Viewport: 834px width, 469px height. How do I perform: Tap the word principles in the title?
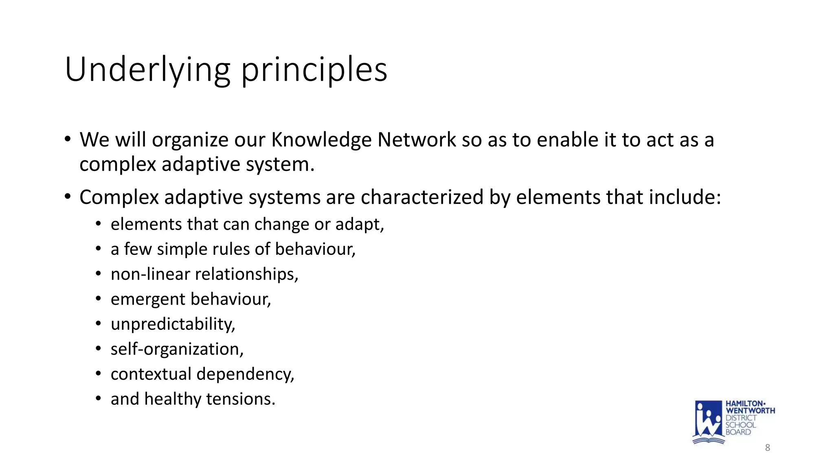[x=314, y=70]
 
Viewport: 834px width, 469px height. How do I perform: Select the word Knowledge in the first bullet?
[x=321, y=140]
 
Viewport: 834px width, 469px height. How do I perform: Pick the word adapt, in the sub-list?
[x=360, y=224]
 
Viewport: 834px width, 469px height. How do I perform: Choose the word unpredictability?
[x=173, y=324]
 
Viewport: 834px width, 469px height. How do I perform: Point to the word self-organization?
[x=177, y=349]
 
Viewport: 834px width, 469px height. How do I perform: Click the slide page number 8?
[x=768, y=448]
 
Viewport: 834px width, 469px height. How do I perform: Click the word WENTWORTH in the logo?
[x=750, y=411]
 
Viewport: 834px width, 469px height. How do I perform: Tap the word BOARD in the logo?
[x=738, y=432]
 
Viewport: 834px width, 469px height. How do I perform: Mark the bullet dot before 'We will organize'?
[x=68, y=139]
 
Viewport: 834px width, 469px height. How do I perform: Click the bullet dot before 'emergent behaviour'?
[x=98, y=299]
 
